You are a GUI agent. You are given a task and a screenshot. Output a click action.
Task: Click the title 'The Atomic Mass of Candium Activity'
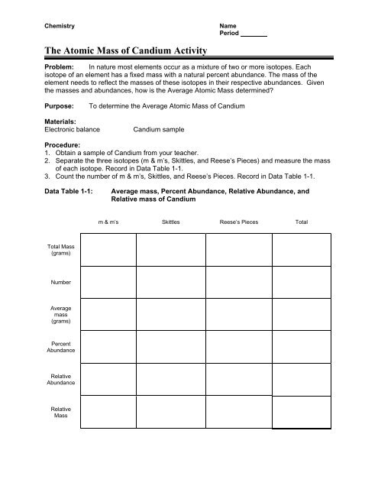127,51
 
